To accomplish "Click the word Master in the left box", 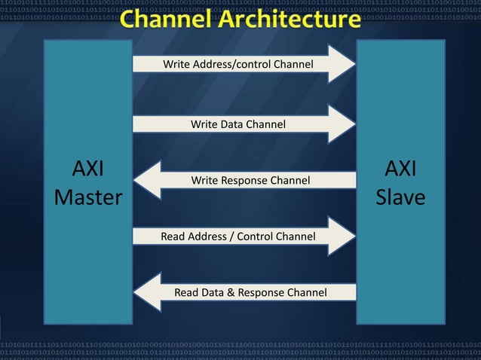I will (x=88, y=197).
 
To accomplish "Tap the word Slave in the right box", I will (x=400, y=197).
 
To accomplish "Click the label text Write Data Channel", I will (x=237, y=124).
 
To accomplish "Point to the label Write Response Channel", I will (x=250, y=181).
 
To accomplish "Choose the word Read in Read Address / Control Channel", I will (x=173, y=236).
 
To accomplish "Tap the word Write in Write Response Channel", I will (x=205, y=181).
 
